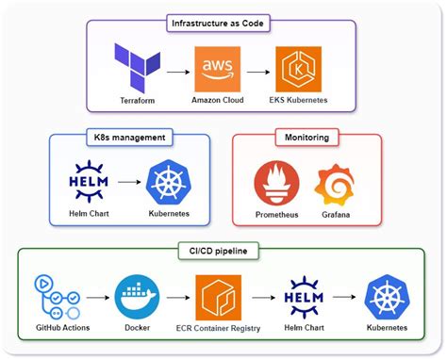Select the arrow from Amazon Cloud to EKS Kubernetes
(257, 71)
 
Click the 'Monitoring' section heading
(306, 138)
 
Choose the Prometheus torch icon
(276, 184)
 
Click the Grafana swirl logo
(335, 184)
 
